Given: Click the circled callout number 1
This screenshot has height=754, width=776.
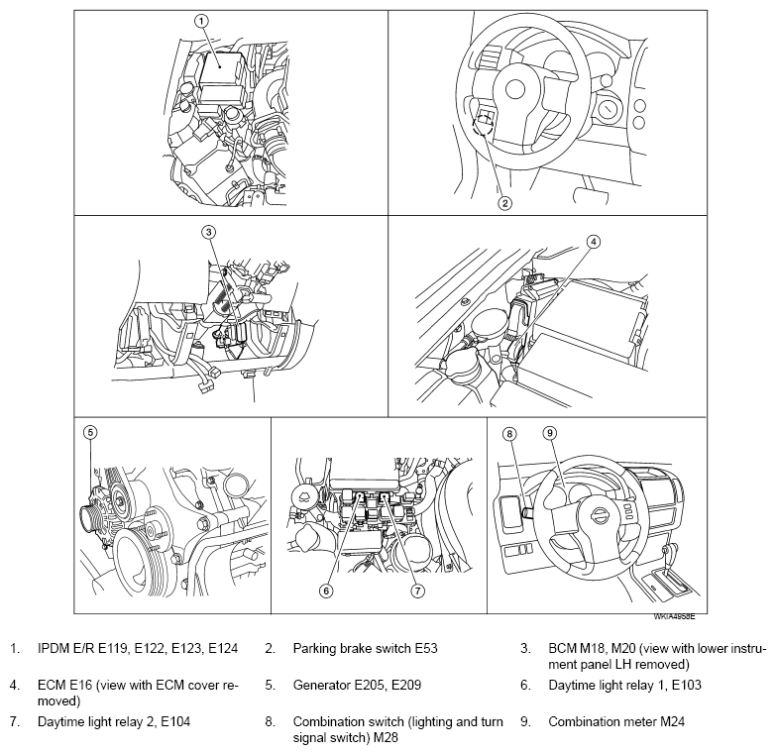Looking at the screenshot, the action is coord(201,21).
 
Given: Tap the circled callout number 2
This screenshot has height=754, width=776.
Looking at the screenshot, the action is coord(504,203).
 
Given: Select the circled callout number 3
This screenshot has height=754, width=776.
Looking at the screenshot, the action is coord(208,232).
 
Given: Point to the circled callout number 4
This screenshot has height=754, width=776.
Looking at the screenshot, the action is coord(593,242).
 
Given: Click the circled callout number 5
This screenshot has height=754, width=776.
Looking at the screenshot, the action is coord(90,432).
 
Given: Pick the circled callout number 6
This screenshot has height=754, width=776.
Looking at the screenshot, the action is coord(326,591).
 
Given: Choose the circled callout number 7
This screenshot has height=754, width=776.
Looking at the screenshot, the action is coord(417,591).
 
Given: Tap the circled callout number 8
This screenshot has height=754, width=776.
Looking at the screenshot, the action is coord(509,434).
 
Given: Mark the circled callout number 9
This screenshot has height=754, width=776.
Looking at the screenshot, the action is coord(550,433).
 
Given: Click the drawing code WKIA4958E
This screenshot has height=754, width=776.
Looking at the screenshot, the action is coord(675,616).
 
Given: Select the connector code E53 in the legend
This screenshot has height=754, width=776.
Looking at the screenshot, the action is coord(426,649).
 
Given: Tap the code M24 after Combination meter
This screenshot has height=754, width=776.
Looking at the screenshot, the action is coord(672,722).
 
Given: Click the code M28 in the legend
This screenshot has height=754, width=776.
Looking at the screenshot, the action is coord(386,738).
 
